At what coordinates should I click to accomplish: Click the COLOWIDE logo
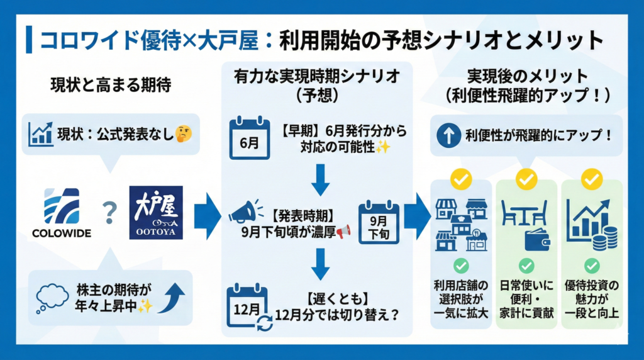point(61,213)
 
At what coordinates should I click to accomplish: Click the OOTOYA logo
point(155,213)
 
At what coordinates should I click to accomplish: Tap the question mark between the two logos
point(109,214)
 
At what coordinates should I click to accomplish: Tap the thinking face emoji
point(184,134)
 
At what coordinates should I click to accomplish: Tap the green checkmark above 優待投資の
point(592,265)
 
